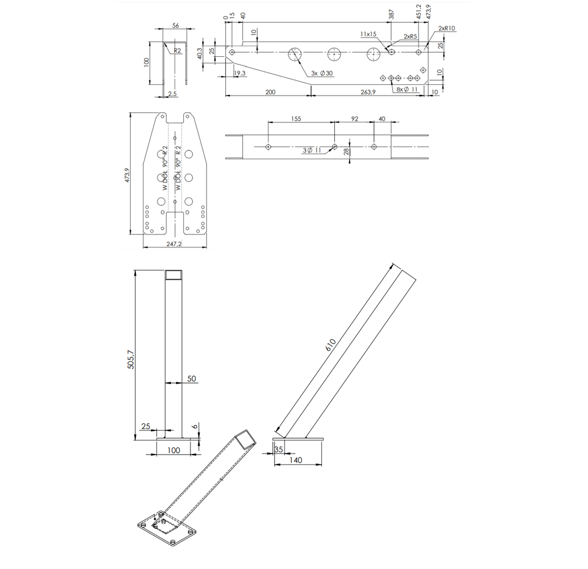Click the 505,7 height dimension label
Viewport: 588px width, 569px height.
130,359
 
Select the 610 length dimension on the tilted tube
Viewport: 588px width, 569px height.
331,345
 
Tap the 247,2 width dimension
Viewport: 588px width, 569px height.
174,244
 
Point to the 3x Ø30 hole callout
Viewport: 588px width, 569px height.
322,73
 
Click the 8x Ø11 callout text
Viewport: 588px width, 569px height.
407,89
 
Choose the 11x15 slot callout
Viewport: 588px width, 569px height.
368,34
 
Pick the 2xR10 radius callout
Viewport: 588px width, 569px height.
446,28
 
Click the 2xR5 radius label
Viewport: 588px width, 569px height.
410,36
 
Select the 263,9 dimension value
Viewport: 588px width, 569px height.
368,92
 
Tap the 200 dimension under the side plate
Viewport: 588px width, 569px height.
270,92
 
